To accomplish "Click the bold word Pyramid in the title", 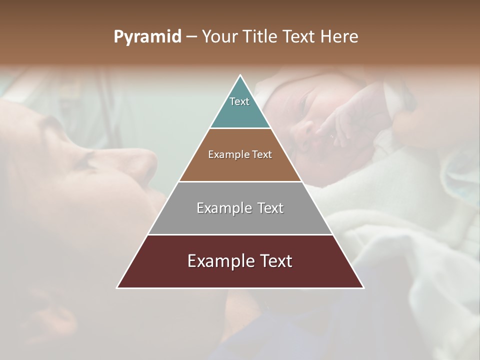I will (147, 37).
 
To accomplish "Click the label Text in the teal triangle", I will (239, 101).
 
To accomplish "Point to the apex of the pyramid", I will (240, 75).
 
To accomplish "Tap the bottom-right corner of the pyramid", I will (363, 287).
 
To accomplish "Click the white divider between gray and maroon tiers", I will (240, 234).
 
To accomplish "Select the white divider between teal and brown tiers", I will (240, 128).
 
